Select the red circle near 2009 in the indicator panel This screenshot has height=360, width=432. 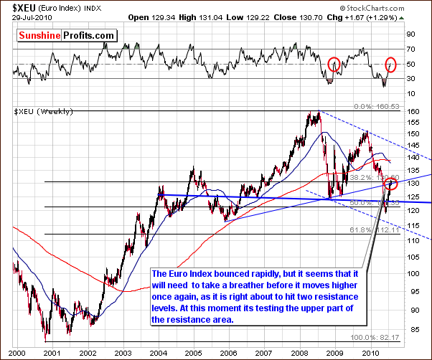pyautogui.click(x=334, y=65)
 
